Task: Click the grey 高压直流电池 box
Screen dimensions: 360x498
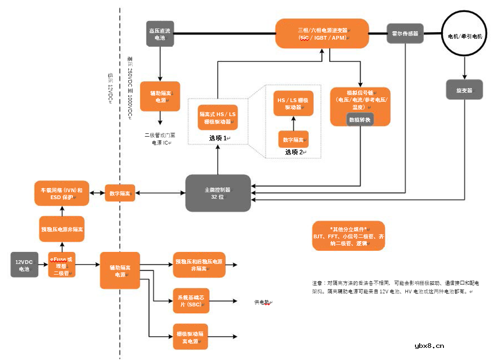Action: pyautogui.click(x=160, y=34)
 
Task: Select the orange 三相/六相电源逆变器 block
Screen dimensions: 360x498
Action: pyautogui.click(x=322, y=33)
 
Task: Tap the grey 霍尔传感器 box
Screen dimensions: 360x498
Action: pyautogui.click(x=405, y=34)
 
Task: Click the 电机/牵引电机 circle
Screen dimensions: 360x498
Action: pyautogui.click(x=464, y=36)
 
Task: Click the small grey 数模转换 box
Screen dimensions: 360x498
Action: pyautogui.click(x=360, y=119)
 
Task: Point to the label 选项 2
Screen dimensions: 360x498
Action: pyautogui.click(x=294, y=152)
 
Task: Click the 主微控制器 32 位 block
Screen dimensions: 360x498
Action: pyautogui.click(x=218, y=193)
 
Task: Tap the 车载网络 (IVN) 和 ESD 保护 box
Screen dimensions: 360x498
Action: pyautogui.click(x=59, y=193)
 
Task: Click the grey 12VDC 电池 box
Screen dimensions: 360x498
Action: pyautogui.click(x=24, y=264)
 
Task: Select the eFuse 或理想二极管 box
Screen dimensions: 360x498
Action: pyautogui.click(x=62, y=265)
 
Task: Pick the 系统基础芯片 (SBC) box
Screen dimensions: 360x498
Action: pyautogui.click(x=191, y=301)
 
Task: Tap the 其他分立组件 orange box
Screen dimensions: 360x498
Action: pyautogui.click(x=348, y=236)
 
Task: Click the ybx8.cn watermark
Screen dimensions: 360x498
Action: pyautogui.click(x=429, y=346)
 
